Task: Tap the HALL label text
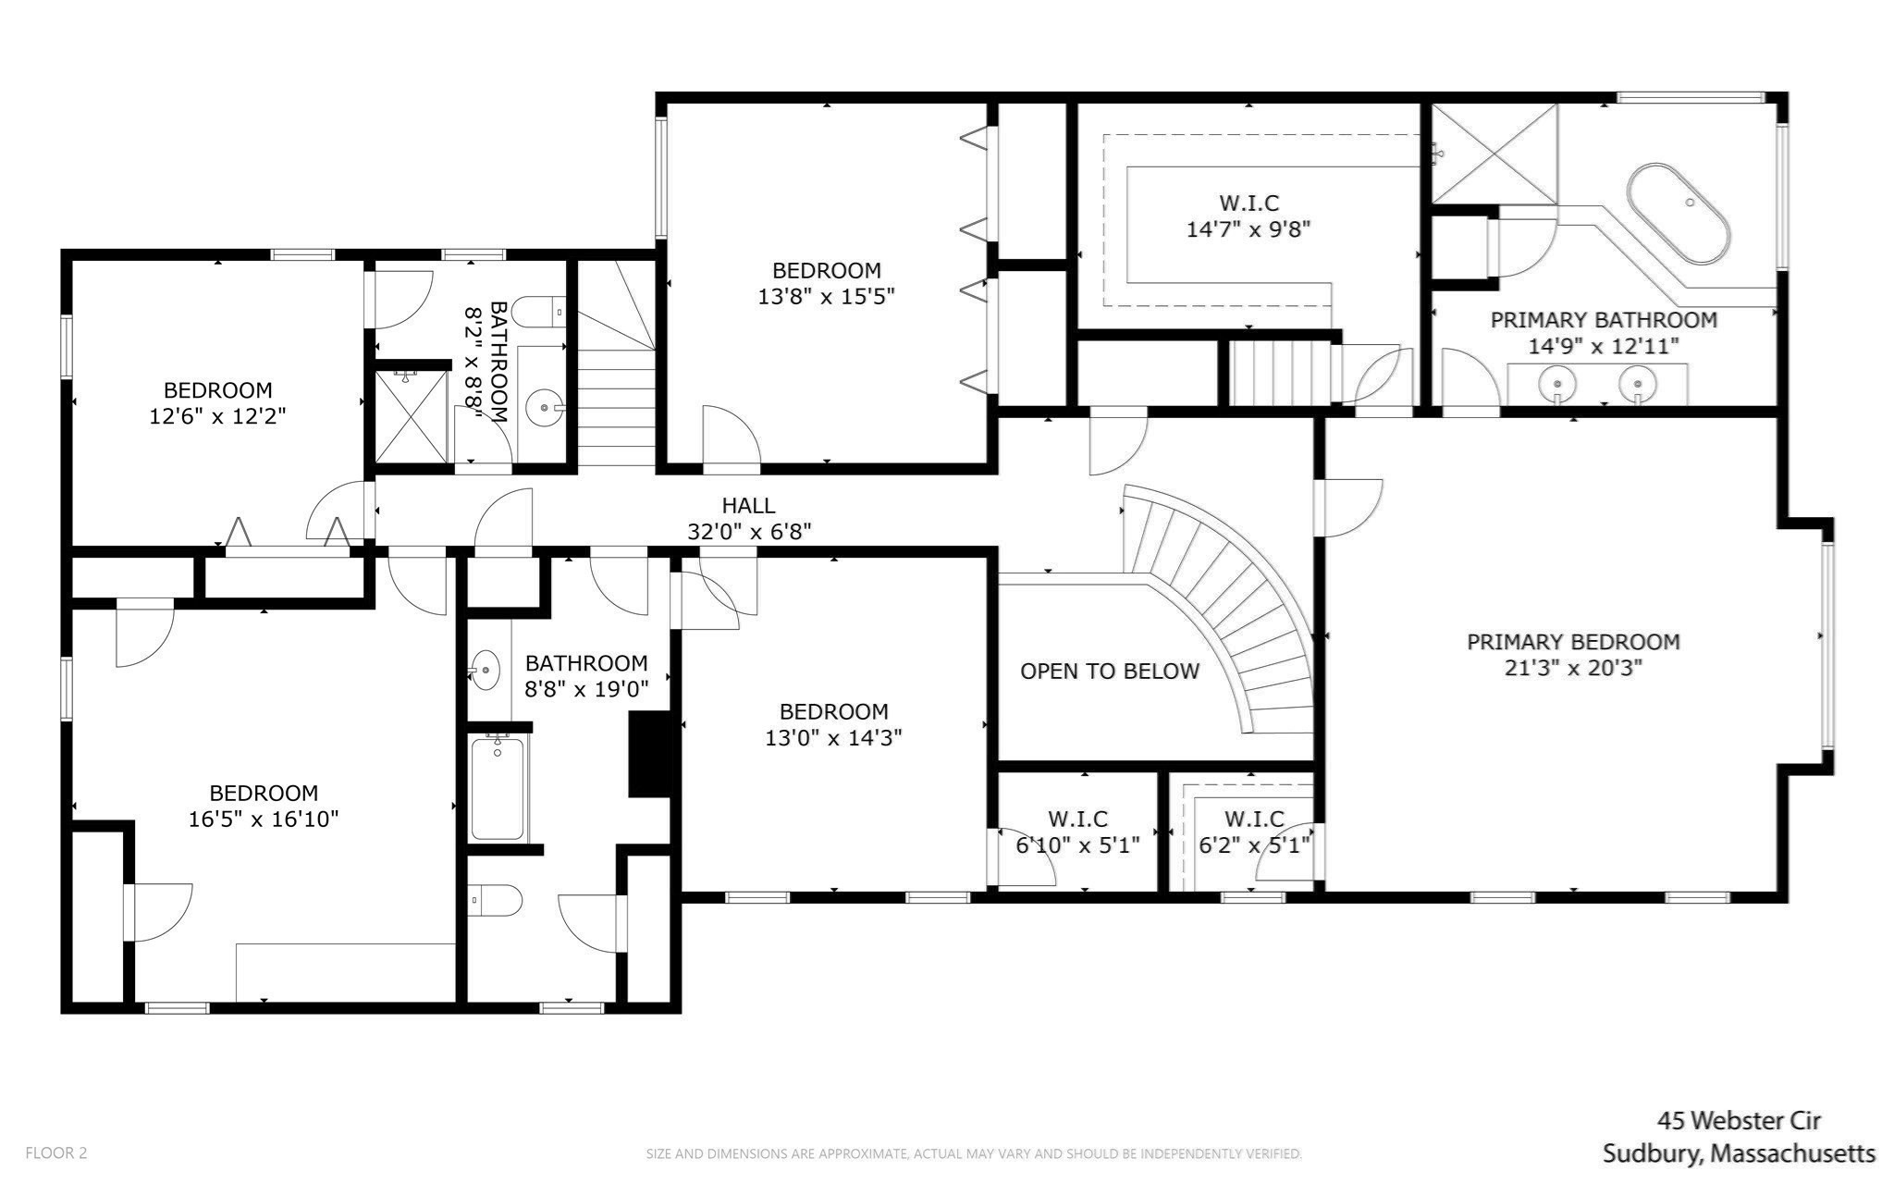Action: pyautogui.click(x=748, y=506)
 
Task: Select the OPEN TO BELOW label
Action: pyautogui.click(x=1109, y=672)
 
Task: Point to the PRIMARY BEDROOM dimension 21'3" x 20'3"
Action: pyautogui.click(x=1572, y=668)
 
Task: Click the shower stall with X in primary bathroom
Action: pyautogui.click(x=1494, y=153)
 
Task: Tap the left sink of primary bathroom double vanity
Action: pyautogui.click(x=1558, y=383)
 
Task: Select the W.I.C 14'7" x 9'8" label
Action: pyautogui.click(x=1248, y=216)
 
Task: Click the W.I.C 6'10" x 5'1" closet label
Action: pyautogui.click(x=1077, y=832)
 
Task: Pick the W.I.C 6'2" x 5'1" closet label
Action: pyautogui.click(x=1254, y=832)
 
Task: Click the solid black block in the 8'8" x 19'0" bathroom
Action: pyautogui.click(x=649, y=754)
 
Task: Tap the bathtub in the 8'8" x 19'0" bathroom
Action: pyautogui.click(x=498, y=788)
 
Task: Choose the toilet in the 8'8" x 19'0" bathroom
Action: pyautogui.click(x=498, y=899)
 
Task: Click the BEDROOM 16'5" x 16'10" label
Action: pyautogui.click(x=264, y=806)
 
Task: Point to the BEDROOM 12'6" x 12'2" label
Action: pyautogui.click(x=217, y=403)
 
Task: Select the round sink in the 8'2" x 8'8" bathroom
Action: pyautogui.click(x=544, y=407)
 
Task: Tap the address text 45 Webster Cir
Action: pyautogui.click(x=1739, y=1121)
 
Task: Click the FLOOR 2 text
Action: pyautogui.click(x=55, y=1153)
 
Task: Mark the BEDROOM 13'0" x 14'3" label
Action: pyautogui.click(x=833, y=724)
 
